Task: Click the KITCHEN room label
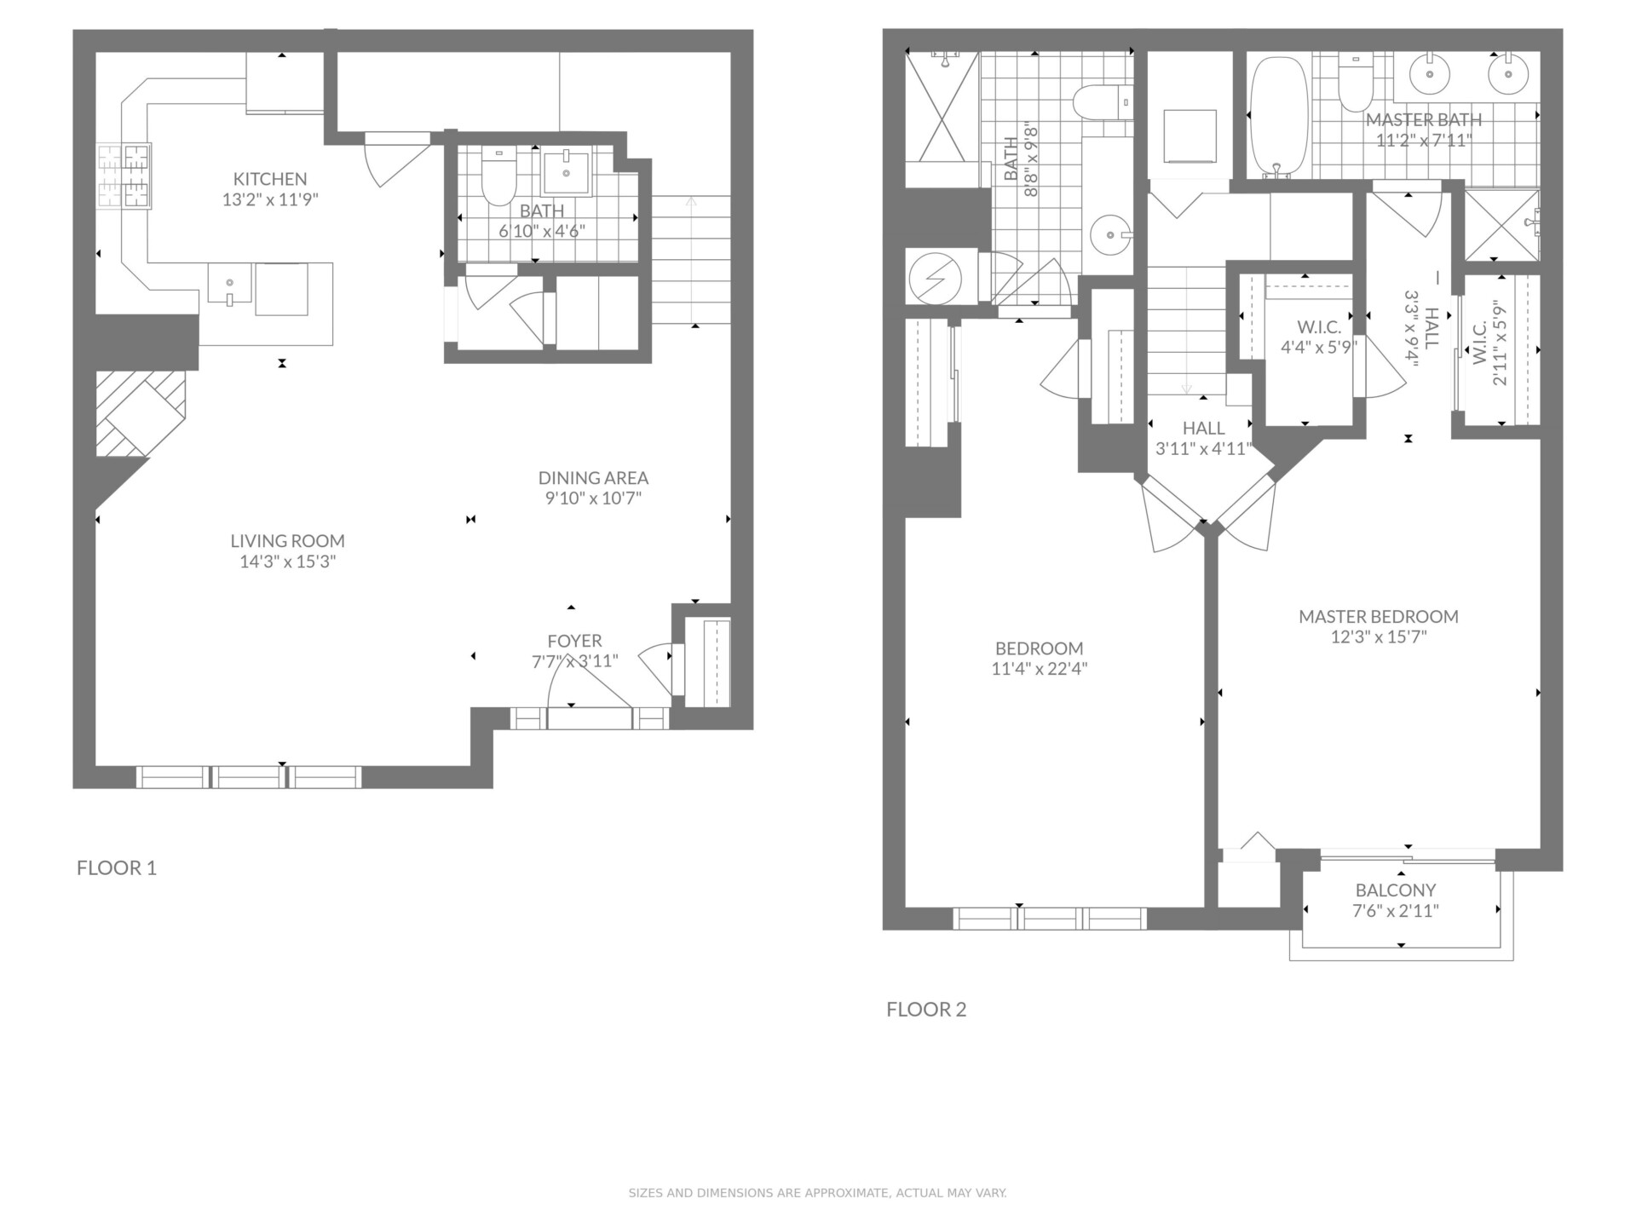click(x=270, y=179)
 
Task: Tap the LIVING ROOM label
click(x=287, y=541)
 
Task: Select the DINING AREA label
click(x=593, y=478)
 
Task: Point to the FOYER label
click(x=574, y=641)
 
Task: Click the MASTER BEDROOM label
click(x=1379, y=616)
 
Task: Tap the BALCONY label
click(x=1396, y=890)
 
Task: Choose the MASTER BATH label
click(x=1424, y=120)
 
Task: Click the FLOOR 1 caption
click(x=117, y=868)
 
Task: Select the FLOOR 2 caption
click(x=926, y=1010)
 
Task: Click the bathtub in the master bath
click(x=1277, y=118)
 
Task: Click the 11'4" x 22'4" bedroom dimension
click(x=1040, y=669)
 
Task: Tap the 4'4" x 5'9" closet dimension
click(x=1319, y=348)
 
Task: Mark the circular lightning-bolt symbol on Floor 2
click(x=935, y=277)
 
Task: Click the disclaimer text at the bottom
click(x=818, y=1193)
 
